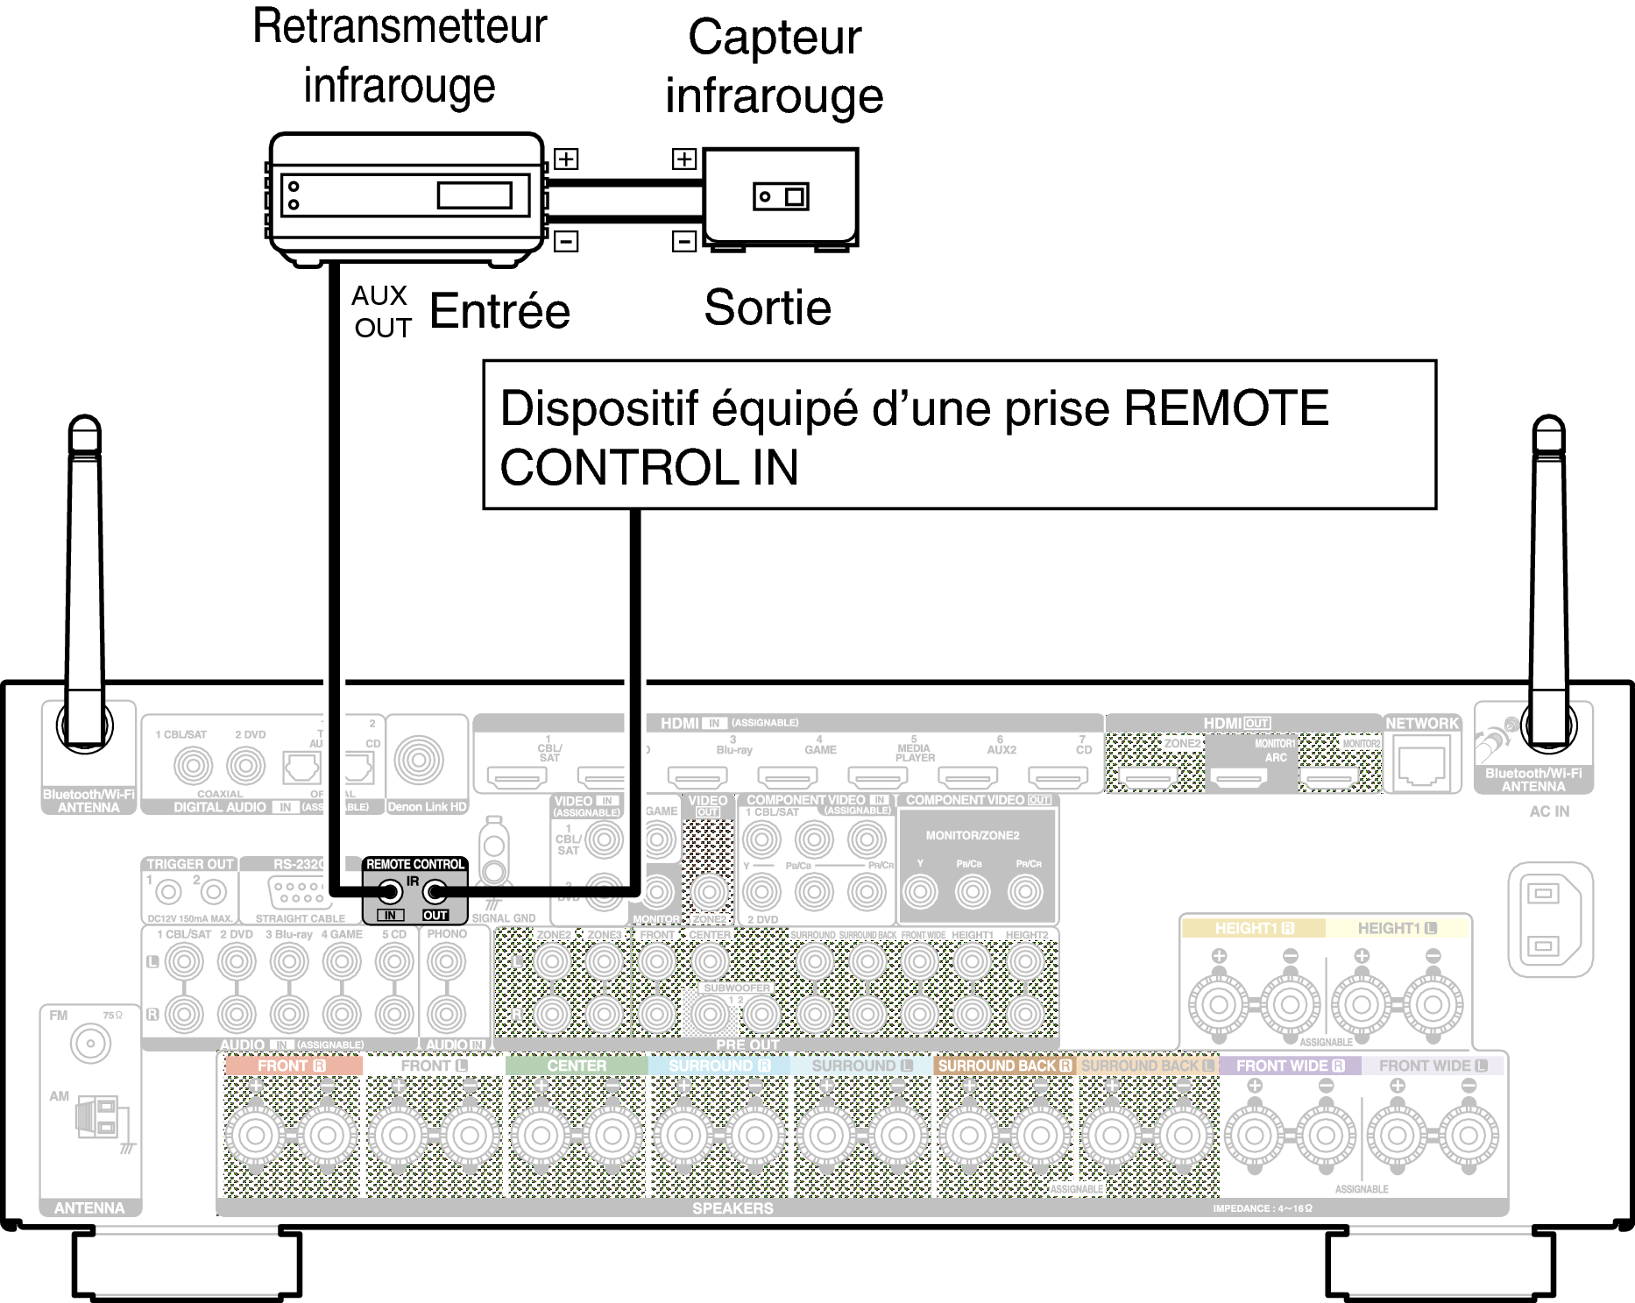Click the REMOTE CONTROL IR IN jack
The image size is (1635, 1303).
pyautogui.click(x=390, y=893)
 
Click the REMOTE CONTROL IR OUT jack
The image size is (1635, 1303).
pyautogui.click(x=435, y=893)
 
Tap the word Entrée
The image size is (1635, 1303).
pyautogui.click(x=499, y=311)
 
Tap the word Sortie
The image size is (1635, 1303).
pyautogui.click(x=768, y=308)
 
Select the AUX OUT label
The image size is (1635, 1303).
pyautogui.click(x=381, y=311)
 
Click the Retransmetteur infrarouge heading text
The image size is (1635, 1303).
pyautogui.click(x=400, y=55)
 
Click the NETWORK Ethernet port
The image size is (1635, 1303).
pyautogui.click(x=1422, y=764)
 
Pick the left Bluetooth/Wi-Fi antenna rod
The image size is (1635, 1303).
pyautogui.click(x=85, y=570)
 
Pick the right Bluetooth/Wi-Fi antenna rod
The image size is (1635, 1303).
pyautogui.click(x=1548, y=570)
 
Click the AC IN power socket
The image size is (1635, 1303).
pyautogui.click(x=1548, y=919)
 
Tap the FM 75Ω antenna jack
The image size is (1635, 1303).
pyautogui.click(x=90, y=1044)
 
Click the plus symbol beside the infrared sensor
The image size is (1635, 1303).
pyautogui.click(x=684, y=159)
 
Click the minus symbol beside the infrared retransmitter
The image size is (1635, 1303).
pyautogui.click(x=567, y=241)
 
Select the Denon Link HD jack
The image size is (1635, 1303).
pyautogui.click(x=419, y=760)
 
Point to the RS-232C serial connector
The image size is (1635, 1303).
pyautogui.click(x=297, y=892)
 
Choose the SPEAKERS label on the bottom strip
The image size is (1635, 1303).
pyautogui.click(x=733, y=1208)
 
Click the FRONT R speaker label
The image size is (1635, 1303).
pyautogui.click(x=292, y=1066)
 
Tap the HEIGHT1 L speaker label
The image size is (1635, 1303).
pyautogui.click(x=1397, y=928)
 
